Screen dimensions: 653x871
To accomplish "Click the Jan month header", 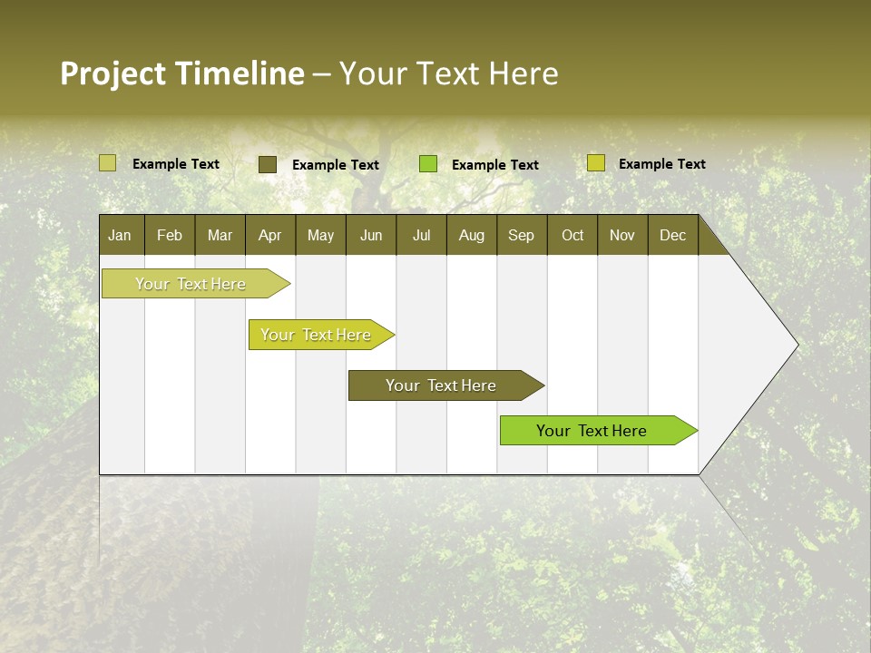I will (x=120, y=235).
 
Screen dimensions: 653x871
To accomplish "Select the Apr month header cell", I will (x=269, y=235).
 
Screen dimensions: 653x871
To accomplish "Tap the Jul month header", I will (x=421, y=235).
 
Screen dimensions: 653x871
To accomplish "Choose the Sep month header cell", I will (x=521, y=235).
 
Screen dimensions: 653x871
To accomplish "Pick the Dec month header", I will (x=672, y=235).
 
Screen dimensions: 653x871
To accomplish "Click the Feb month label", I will (x=170, y=235).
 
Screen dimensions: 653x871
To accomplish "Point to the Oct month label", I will (x=573, y=235).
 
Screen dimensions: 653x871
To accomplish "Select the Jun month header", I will (x=371, y=235).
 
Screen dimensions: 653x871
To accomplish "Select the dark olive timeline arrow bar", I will (x=442, y=385).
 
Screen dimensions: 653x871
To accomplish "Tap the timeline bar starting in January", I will (x=191, y=284).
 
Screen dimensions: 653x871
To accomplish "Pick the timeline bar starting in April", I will (x=317, y=335).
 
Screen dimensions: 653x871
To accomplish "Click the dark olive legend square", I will (x=267, y=164).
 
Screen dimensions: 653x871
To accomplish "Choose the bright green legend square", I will (x=428, y=163).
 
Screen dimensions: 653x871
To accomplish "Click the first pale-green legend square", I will (x=107, y=163).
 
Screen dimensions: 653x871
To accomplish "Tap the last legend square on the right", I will (x=595, y=163).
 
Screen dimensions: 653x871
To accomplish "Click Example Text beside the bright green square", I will (x=494, y=164).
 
